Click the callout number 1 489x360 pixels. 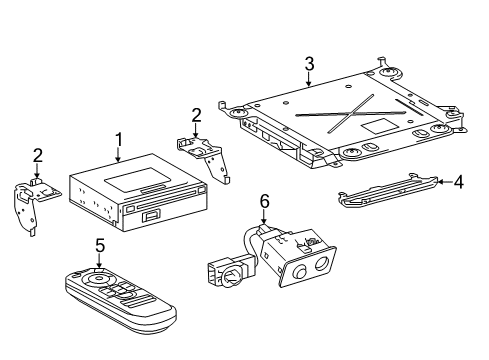[x=118, y=139]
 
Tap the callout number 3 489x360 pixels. [x=309, y=64]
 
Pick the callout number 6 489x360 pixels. [x=264, y=201]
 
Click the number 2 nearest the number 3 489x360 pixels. [x=197, y=115]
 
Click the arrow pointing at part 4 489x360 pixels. [x=443, y=181]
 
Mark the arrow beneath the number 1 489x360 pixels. [x=118, y=156]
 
